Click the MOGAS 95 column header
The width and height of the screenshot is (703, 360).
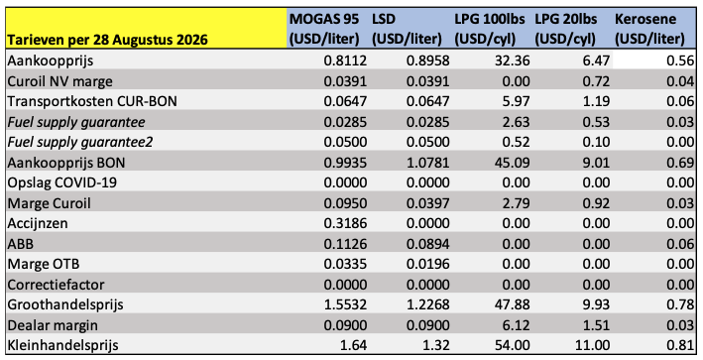(324, 29)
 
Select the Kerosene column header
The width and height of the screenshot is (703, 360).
(650, 29)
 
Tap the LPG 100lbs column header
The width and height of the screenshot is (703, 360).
(492, 29)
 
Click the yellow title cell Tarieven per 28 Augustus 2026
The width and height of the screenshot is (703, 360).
(108, 40)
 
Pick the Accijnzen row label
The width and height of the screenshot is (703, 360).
(38, 223)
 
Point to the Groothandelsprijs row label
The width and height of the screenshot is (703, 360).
(65, 304)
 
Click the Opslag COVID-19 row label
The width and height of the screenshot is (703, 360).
(61, 182)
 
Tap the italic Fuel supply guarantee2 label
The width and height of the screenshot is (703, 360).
(80, 142)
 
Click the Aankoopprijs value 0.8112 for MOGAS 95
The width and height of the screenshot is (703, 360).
(345, 60)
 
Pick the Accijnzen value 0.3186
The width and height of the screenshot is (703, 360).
(345, 223)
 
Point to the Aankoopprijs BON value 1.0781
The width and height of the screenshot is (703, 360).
(427, 163)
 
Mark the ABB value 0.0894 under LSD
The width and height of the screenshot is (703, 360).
(427, 244)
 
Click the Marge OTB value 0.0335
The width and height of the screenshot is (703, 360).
(345, 264)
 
